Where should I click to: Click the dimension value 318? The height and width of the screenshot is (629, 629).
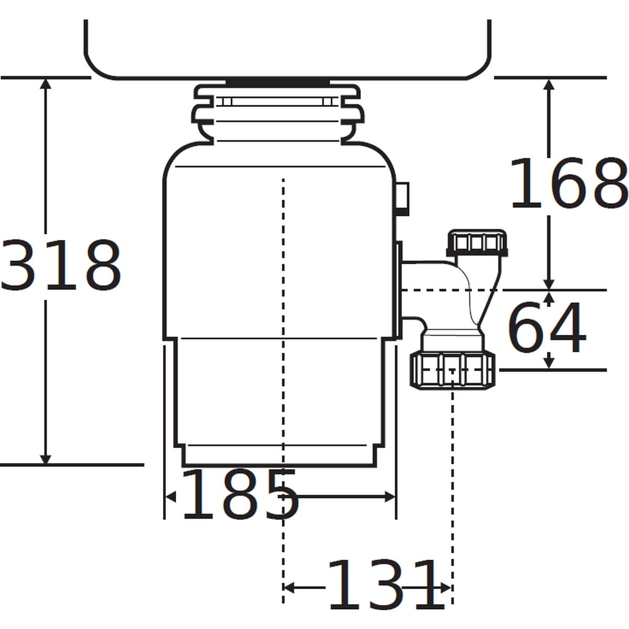[61, 265]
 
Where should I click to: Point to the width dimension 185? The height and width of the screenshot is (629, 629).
[240, 494]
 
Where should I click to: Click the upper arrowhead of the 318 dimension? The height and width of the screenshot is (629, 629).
[46, 83]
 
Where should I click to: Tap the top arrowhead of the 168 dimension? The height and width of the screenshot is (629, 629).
[549, 84]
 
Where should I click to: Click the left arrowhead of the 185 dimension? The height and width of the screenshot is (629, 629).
[170, 497]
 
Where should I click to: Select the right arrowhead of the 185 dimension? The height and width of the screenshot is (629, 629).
[390, 497]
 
